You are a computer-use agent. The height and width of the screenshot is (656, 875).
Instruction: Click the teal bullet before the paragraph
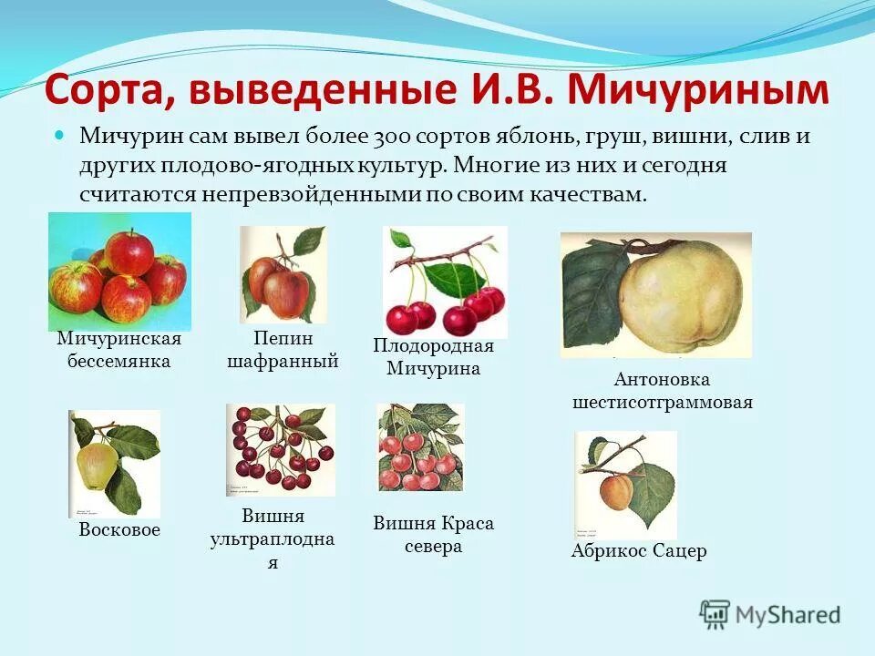[x=61, y=135]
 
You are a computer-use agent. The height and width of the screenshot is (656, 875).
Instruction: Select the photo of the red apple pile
[x=119, y=271]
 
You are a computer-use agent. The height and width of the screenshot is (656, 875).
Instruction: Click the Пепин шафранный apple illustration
[x=283, y=274]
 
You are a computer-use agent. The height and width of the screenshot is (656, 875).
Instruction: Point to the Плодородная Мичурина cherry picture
[x=445, y=282]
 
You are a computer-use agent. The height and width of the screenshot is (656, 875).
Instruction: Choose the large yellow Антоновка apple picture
[x=655, y=294]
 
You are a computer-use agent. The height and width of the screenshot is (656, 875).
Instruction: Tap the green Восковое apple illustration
[x=114, y=463]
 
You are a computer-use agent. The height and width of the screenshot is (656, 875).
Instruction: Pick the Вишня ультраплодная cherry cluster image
[x=281, y=449]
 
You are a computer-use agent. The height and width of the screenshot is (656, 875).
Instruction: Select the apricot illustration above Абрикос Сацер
[x=625, y=484]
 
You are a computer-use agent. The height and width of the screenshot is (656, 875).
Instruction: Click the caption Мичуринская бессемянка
[x=119, y=350]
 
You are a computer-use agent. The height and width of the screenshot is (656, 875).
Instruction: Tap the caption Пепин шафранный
[x=283, y=350]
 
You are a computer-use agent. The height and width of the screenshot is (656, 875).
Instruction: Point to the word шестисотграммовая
[x=663, y=402]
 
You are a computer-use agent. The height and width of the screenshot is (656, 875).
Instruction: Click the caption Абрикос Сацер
[x=639, y=551]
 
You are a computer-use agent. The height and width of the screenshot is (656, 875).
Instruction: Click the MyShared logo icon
[x=715, y=614]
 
